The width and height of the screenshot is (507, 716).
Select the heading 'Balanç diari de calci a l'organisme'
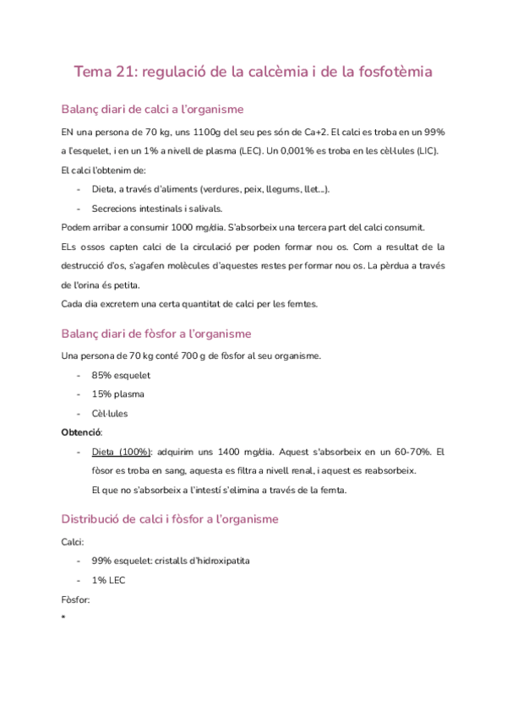pyautogui.click(x=153, y=109)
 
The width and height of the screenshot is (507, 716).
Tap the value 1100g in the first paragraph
pyautogui.click(x=202, y=133)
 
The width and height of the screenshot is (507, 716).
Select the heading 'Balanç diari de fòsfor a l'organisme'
pyautogui.click(x=156, y=334)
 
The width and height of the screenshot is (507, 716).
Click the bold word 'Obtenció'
pyautogui.click(x=81, y=432)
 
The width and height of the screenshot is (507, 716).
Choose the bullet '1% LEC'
pyautogui.click(x=108, y=580)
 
